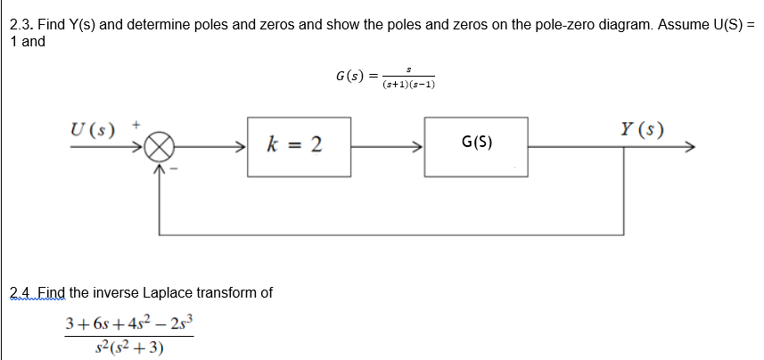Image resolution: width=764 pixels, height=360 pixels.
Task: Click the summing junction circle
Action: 160,146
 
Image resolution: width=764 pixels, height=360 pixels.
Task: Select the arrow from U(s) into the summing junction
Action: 107,145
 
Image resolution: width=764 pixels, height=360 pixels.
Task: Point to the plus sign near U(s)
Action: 137,127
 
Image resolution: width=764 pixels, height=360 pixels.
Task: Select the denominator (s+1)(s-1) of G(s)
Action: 407,86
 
